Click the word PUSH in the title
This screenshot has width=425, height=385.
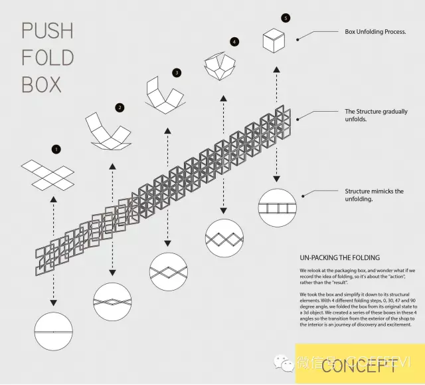tap(46, 31)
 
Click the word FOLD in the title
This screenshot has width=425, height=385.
tap(46, 58)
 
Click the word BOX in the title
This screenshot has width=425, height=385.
tap(41, 84)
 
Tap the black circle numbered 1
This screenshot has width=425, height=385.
tap(56, 150)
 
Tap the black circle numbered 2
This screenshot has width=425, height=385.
tap(120, 107)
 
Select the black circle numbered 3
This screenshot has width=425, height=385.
tap(176, 72)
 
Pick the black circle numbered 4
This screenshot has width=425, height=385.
tap(234, 42)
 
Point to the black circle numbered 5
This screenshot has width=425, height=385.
tap(286, 18)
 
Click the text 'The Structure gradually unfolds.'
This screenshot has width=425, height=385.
tap(376, 116)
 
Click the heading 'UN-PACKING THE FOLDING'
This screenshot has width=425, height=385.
tap(339, 257)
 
